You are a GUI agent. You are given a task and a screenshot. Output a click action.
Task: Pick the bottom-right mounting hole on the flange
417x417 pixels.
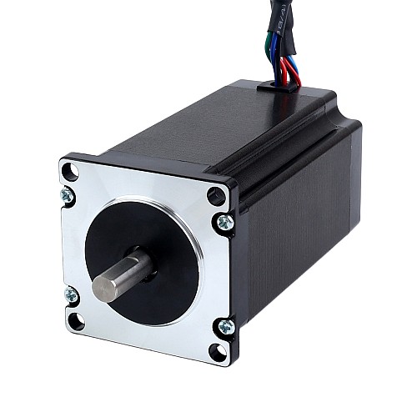pos(219,350)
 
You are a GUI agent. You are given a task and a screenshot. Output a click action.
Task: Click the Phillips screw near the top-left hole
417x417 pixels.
pos(68,197)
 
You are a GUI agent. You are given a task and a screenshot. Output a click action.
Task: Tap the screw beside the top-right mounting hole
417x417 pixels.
pos(224,222)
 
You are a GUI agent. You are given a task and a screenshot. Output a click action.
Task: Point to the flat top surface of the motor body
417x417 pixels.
pos(208,125)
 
